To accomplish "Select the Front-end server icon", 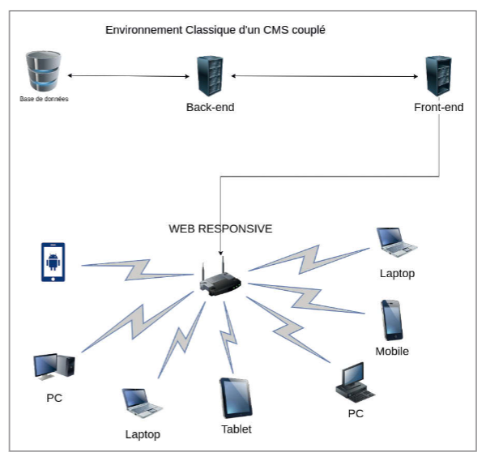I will [x=438, y=76].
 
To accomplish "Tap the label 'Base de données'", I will [x=44, y=100].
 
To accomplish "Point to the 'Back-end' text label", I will [x=210, y=107].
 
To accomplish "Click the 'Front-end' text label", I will [x=438, y=107].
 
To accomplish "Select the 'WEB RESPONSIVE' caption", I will [x=220, y=228].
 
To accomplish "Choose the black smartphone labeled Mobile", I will [x=392, y=320].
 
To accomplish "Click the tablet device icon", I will [x=236, y=398].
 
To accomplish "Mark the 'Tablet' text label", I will [x=237, y=429].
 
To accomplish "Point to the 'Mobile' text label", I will [x=392, y=351].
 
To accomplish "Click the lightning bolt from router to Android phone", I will [x=134, y=267].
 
